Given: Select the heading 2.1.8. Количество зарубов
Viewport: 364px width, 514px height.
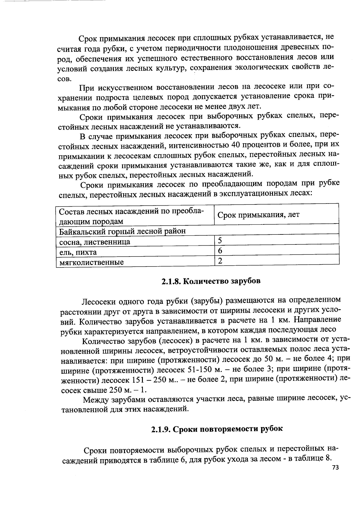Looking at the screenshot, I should pyautogui.click(x=211, y=281).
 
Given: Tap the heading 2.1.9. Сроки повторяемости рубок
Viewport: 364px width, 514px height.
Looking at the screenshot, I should pyautogui.click(x=217, y=429).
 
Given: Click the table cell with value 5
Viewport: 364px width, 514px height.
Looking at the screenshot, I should pyautogui.click(x=220, y=240).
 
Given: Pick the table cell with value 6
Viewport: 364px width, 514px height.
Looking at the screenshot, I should pyautogui.click(x=220, y=251).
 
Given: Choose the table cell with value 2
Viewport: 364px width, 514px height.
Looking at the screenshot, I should pyautogui.click(x=220, y=261).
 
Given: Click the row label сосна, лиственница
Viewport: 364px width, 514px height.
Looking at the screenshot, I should pyautogui.click(x=95, y=242).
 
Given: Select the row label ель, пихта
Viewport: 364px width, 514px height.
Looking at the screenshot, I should pyautogui.click(x=78, y=252).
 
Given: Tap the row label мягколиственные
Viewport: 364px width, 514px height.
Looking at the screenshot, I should pyautogui.click(x=91, y=262).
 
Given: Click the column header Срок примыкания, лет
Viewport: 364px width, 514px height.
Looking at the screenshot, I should pyautogui.click(x=258, y=215).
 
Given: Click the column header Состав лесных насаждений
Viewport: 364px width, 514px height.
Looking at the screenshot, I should pyautogui.click(x=131, y=216).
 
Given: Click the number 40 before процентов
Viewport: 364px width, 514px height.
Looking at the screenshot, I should pyautogui.click(x=236, y=144).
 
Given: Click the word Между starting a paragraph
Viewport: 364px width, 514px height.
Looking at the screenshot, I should pyautogui.click(x=97, y=400).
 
